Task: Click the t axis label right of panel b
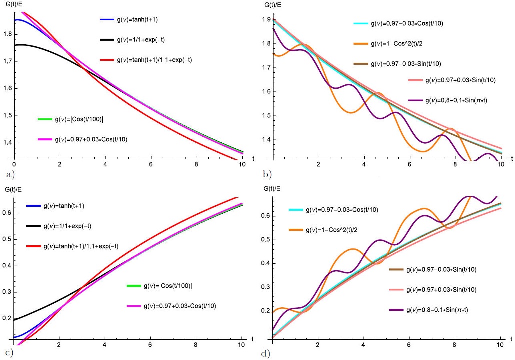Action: tap(511, 158)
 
